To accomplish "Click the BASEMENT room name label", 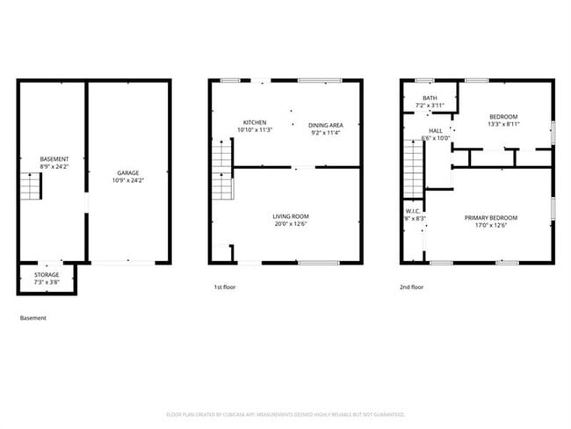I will point(54,159).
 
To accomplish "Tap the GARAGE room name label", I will point(129,173).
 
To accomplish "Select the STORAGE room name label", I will point(47,274).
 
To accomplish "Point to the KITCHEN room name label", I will point(256,122).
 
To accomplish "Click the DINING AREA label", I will point(325,126).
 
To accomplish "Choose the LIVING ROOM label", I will point(289,216).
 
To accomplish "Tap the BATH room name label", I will point(430,98).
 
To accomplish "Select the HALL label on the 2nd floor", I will point(436,130).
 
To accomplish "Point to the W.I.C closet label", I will point(414,211).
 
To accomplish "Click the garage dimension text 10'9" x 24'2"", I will point(129,180).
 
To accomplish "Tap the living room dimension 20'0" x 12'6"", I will point(289,224).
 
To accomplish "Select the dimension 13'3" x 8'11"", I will point(503,125).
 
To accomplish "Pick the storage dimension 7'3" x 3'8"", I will point(47,281).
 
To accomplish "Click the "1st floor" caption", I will point(225,287).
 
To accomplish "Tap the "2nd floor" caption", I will point(412,287).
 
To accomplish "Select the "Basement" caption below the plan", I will point(33,318).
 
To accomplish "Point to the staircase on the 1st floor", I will point(221,172).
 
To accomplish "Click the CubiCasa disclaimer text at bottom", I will point(285,414).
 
